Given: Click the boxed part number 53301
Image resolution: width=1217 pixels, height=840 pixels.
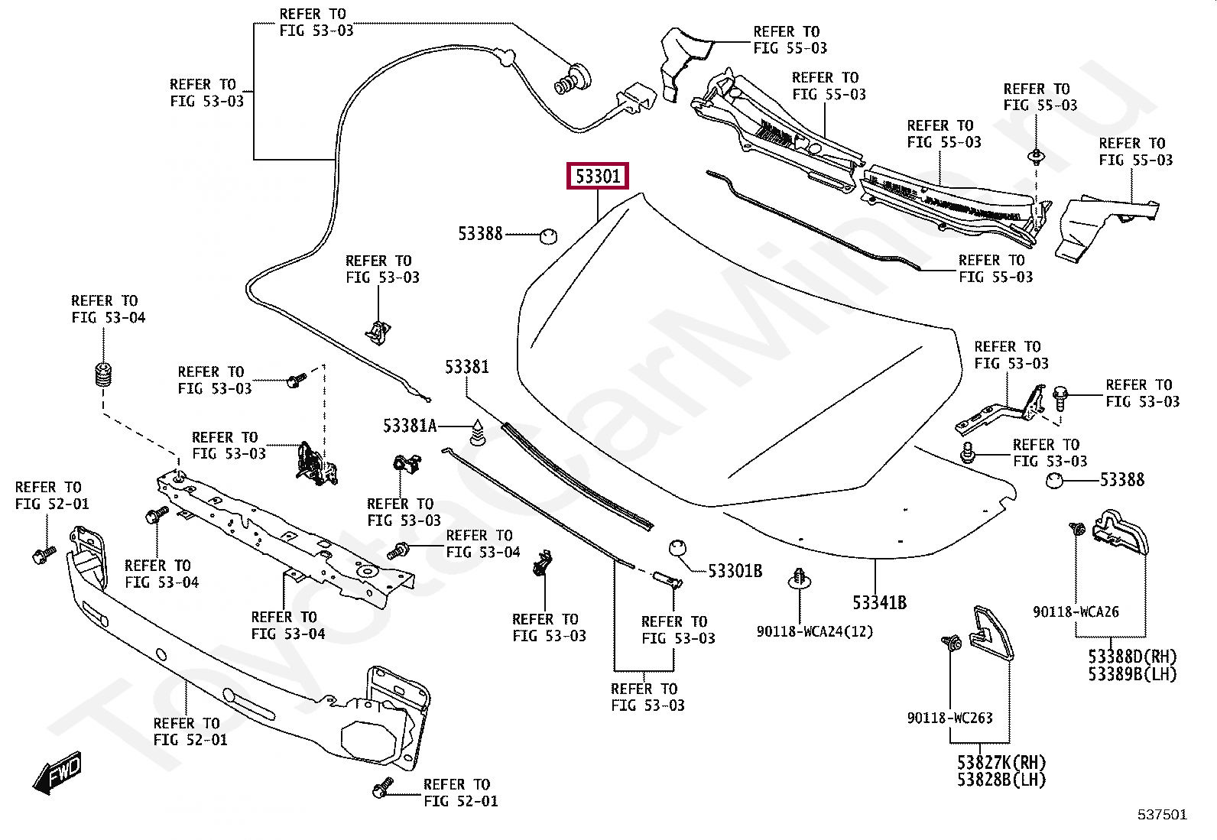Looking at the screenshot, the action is click(x=597, y=176).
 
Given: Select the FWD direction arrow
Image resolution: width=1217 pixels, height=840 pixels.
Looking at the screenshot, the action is click(x=57, y=772).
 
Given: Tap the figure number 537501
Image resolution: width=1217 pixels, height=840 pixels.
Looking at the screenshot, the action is click(x=1162, y=815).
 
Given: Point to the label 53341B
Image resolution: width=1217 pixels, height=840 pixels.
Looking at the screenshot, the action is click(x=879, y=602).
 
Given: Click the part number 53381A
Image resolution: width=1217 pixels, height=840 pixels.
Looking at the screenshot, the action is click(x=410, y=426).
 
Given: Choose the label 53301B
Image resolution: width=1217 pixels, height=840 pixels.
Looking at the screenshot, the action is click(x=735, y=571).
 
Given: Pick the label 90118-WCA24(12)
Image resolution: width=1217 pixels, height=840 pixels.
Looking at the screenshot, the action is click(x=814, y=631).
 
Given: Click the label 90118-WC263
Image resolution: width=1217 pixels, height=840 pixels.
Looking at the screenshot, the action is click(x=949, y=718).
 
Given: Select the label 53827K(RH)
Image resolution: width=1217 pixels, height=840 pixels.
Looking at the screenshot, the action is click(x=1001, y=762).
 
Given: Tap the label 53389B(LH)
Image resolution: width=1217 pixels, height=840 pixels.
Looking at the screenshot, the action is click(x=1132, y=674).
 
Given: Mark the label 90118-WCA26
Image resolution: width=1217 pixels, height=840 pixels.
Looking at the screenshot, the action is click(x=1076, y=611).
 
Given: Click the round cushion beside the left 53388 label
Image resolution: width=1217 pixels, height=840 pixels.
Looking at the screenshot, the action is click(x=548, y=236).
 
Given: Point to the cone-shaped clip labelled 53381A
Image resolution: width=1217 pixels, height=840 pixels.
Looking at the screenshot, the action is click(x=477, y=433).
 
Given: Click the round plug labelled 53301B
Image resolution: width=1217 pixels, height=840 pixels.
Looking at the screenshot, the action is click(x=677, y=548).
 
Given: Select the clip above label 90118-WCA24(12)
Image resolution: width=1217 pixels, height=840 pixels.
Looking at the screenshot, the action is click(x=799, y=579).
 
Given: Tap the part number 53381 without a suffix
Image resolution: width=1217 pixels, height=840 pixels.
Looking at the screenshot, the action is click(x=467, y=368).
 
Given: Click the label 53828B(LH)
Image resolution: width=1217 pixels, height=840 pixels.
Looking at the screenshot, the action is click(x=1001, y=780).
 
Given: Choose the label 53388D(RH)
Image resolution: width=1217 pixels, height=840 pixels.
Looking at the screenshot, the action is click(x=1132, y=657).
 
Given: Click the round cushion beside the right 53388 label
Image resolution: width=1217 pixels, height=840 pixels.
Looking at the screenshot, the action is click(x=1054, y=480).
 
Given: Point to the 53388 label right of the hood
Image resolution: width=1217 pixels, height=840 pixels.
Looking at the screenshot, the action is click(x=1122, y=480).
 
